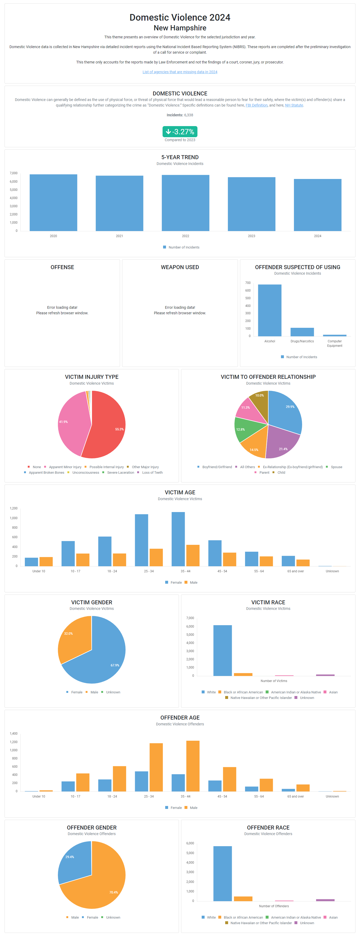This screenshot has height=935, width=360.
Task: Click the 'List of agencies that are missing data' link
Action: pos(180,72)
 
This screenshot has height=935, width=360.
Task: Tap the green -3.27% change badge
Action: pos(180,131)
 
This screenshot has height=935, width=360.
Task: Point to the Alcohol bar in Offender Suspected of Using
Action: pos(270,310)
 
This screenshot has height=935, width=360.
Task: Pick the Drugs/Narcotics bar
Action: pos(302,332)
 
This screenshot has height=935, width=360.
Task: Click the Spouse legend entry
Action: pos(336,467)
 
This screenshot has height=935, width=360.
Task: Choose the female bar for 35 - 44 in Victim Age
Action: pos(178,539)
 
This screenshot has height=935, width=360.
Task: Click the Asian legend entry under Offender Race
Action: pos(333,917)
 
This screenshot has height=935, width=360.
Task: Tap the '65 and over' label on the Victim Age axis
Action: pos(296,571)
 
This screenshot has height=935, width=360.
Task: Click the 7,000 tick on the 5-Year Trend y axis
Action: pos(13,173)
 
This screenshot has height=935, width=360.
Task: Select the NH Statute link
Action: pos(294,105)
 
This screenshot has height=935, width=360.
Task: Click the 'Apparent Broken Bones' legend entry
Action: pos(46,473)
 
